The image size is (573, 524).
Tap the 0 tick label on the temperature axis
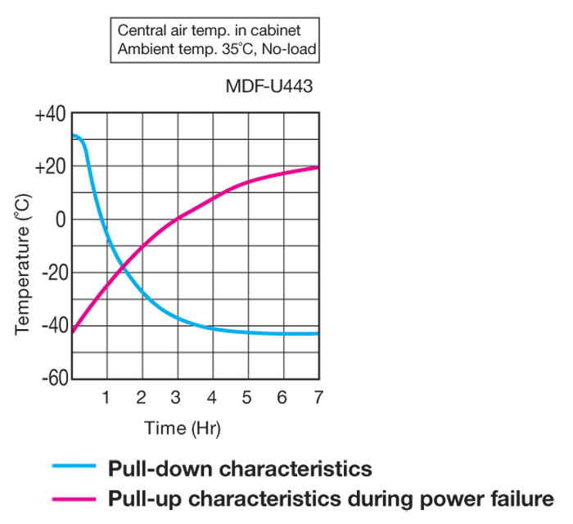click(x=58, y=219)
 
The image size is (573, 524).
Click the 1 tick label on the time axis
click(x=106, y=398)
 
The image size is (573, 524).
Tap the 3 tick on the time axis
click(x=177, y=398)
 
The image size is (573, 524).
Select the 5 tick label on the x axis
click(x=247, y=398)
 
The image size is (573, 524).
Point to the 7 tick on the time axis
click(x=318, y=398)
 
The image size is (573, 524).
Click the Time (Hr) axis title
click(x=183, y=427)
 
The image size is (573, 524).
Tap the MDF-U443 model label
click(x=268, y=86)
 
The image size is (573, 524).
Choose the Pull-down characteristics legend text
click(x=240, y=468)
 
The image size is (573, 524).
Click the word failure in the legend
click(x=519, y=497)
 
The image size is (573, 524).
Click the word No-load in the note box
click(x=287, y=49)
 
